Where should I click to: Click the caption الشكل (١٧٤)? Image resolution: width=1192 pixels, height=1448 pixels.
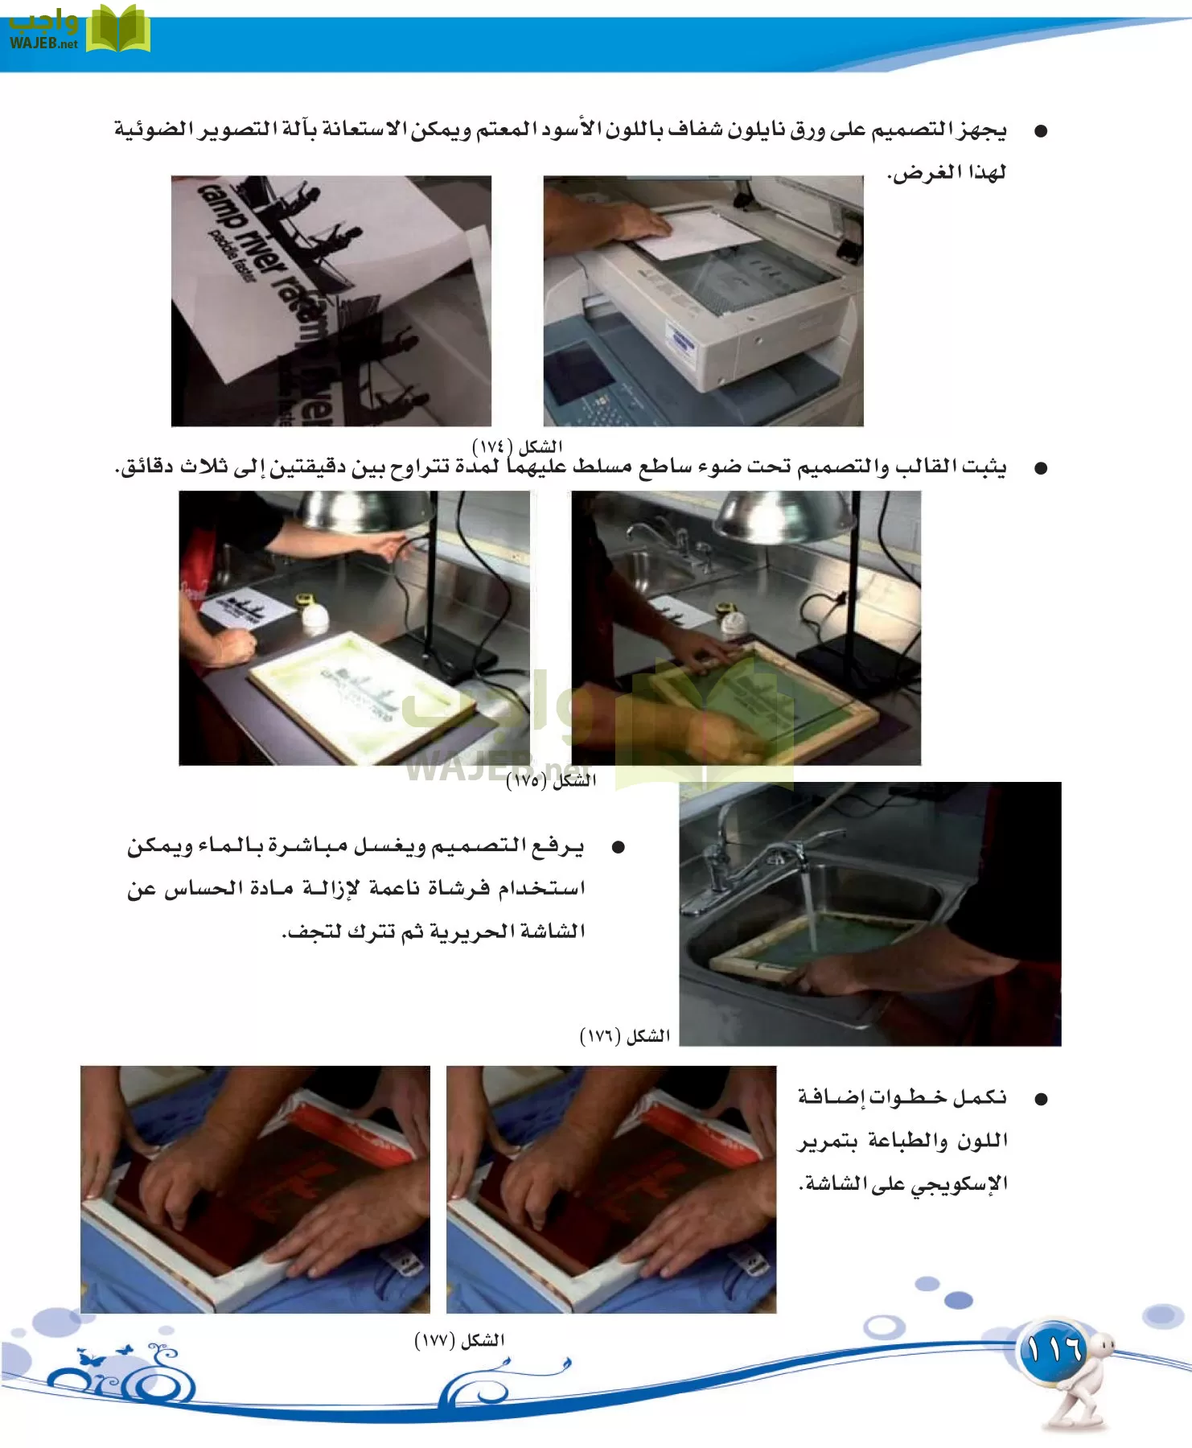coord(517,446)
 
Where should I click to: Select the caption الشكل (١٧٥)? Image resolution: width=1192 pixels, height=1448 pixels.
coord(551,780)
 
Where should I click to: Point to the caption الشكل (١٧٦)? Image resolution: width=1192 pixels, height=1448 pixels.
coord(625,1036)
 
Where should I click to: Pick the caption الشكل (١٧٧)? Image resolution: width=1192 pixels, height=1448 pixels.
coord(459,1340)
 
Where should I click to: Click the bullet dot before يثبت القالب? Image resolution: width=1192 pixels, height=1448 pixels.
coord(1041,468)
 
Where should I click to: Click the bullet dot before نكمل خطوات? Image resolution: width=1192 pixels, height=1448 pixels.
coord(1041,1099)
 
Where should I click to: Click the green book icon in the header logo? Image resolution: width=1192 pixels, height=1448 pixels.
coord(117,31)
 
